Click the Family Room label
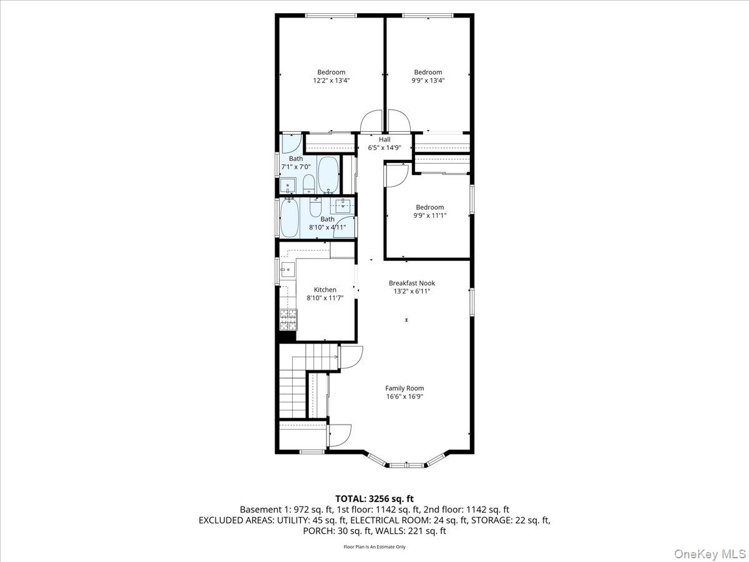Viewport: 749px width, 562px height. [x=404, y=388]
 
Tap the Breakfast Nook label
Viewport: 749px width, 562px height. [x=411, y=283]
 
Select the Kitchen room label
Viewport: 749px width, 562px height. [x=325, y=290]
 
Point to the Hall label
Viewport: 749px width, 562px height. [x=384, y=139]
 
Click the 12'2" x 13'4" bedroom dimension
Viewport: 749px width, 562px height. [x=331, y=81]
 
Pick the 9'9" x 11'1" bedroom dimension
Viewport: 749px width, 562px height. [x=429, y=215]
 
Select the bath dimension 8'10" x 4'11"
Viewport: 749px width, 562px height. [x=328, y=227]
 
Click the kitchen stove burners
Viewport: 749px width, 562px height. [x=288, y=319]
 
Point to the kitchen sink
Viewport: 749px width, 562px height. [x=288, y=270]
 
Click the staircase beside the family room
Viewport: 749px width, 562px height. [x=293, y=387]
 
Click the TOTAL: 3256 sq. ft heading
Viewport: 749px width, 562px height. [x=374, y=498]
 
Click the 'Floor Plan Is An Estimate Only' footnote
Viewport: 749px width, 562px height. [x=374, y=547]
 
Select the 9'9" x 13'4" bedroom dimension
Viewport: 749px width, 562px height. [x=428, y=81]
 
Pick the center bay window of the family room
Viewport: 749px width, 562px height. [x=407, y=465]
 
